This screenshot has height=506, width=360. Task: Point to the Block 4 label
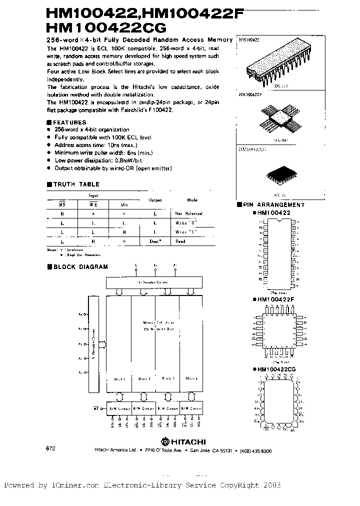(191, 378)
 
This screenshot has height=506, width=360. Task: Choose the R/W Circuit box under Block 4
(192, 408)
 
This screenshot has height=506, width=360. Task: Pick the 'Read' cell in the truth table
(180, 241)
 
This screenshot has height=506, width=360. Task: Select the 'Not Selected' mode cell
(186, 213)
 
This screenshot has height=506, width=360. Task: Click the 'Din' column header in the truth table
(124, 204)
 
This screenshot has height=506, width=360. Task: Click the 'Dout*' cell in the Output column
(156, 241)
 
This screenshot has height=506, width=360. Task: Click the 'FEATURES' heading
(69, 122)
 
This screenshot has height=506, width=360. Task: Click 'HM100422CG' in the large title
(106, 28)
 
